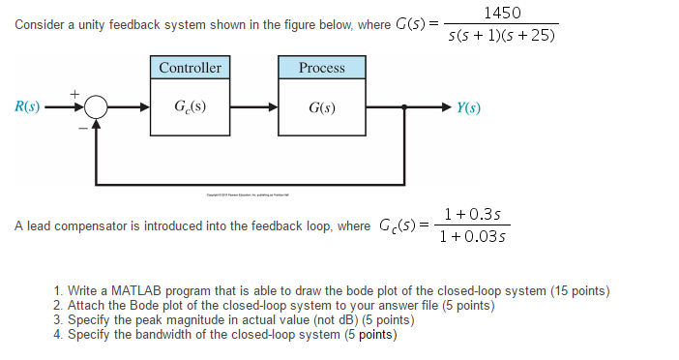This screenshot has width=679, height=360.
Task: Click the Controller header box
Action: [190, 68]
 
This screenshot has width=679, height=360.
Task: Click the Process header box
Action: [322, 68]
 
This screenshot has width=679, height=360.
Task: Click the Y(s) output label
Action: [469, 106]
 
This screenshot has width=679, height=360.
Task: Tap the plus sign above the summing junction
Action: [74, 92]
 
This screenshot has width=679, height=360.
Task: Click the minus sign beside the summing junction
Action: [81, 126]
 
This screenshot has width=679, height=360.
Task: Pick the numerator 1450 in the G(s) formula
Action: [503, 13]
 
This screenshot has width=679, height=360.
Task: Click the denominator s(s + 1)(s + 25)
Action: [503, 37]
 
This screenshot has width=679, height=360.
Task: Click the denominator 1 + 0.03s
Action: [474, 236]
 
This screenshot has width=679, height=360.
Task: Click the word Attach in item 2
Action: [86, 306]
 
